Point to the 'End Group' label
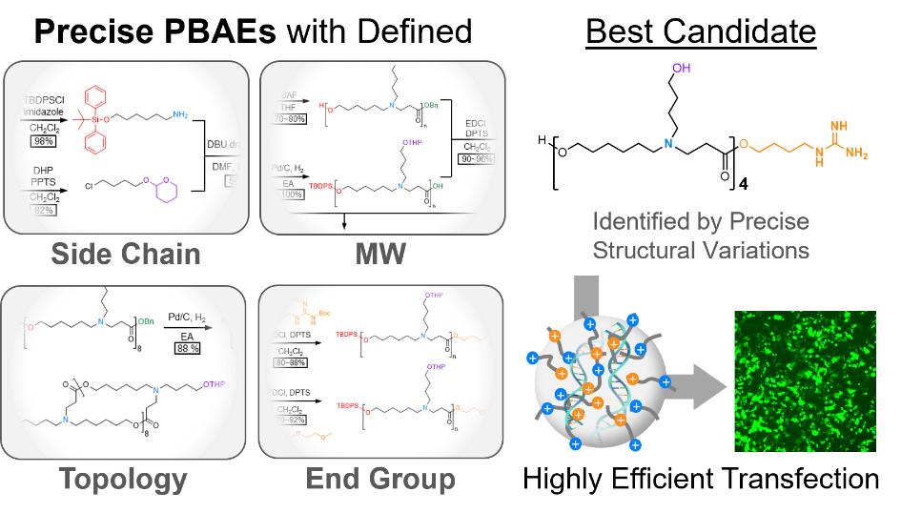click(379, 480)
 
